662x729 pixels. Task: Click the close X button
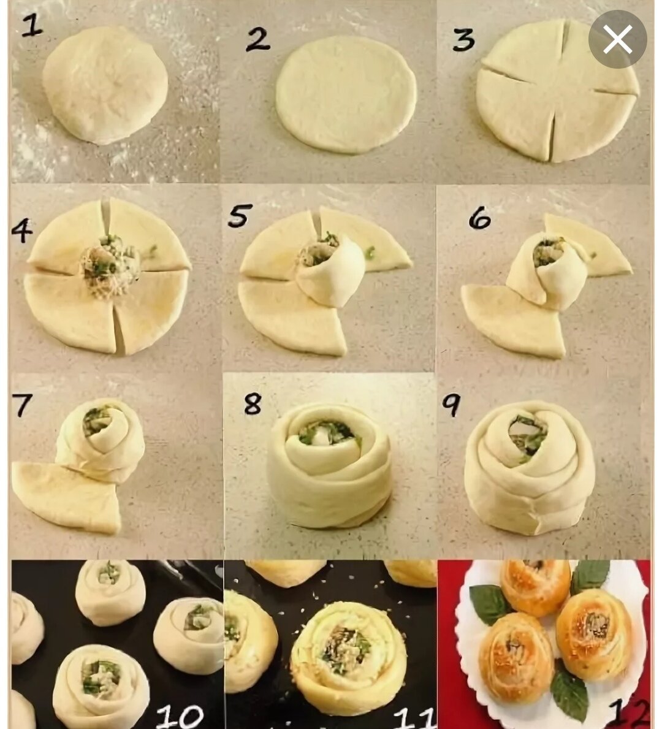617,39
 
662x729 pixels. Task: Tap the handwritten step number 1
32,25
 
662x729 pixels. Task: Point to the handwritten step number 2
257,39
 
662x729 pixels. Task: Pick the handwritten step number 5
240,216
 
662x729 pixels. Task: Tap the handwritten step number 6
479,218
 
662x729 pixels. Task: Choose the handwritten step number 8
253,403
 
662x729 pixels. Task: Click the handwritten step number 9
451,405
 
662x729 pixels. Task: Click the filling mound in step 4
110,266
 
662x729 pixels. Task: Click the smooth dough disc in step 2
346,94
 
